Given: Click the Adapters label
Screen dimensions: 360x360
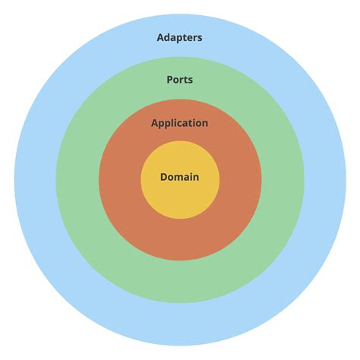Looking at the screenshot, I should pyautogui.click(x=179, y=37).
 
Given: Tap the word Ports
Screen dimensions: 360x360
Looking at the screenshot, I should pyautogui.click(x=179, y=79).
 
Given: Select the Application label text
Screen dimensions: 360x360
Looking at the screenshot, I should pyautogui.click(x=179, y=123).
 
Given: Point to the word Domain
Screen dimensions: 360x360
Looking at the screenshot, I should pyautogui.click(x=179, y=177).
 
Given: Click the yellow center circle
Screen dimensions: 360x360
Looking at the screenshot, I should pyautogui.click(x=180, y=199).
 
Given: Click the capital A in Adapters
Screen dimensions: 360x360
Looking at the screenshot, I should pyautogui.click(x=160, y=37).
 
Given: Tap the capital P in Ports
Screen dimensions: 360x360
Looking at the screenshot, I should pyautogui.click(x=169, y=79).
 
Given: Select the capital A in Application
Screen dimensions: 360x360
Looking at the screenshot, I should pyautogui.click(x=155, y=123).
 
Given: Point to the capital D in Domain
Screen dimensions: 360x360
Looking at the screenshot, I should pyautogui.click(x=163, y=177).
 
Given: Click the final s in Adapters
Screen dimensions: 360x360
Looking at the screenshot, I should pyautogui.click(x=200, y=37).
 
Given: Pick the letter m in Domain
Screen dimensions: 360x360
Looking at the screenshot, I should pyautogui.click(x=181, y=177).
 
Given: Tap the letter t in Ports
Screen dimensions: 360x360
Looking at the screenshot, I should pyautogui.click(x=187, y=79).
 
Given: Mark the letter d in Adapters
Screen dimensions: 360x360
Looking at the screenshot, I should pyautogui.click(x=168, y=37).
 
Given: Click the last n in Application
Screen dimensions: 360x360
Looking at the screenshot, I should pyautogui.click(x=204, y=123).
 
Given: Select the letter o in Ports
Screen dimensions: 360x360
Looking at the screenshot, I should pyautogui.click(x=176, y=79).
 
